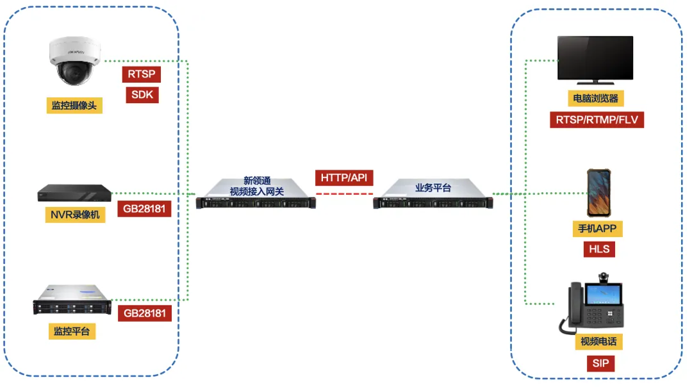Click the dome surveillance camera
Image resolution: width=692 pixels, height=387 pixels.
pyautogui.click(x=74, y=60)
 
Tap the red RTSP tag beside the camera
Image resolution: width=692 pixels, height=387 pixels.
pyautogui.click(x=141, y=74)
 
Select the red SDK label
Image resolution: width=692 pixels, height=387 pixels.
pyautogui.click(x=142, y=95)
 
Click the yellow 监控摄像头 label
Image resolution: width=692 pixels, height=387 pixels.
pyautogui.click(x=74, y=106)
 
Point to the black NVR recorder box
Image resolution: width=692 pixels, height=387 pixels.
pyautogui.click(x=74, y=193)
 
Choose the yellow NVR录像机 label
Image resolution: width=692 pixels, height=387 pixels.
pyautogui.click(x=75, y=215)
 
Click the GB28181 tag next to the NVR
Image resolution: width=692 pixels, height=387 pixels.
pyautogui.click(x=144, y=209)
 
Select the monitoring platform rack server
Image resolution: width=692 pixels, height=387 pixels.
pyautogui.click(x=72, y=300)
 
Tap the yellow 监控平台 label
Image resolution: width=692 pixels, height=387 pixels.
pyautogui.click(x=72, y=331)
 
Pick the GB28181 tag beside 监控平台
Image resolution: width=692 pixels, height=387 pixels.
pyautogui.click(x=145, y=313)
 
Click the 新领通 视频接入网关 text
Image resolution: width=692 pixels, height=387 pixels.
pyautogui.click(x=257, y=186)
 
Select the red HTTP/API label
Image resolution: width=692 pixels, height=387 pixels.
pyautogui.click(x=344, y=178)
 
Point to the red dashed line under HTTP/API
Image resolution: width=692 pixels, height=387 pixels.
pyautogui.click(x=344, y=193)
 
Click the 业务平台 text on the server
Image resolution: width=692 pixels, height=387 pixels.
pyautogui.click(x=433, y=188)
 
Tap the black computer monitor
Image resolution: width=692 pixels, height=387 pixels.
pyautogui.click(x=595, y=60)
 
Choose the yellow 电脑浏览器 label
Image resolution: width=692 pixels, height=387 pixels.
pyautogui.click(x=596, y=99)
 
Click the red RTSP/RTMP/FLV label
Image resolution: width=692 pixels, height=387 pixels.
pyautogui.click(x=597, y=120)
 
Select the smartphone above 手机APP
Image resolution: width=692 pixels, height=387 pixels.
pyautogui.click(x=598, y=193)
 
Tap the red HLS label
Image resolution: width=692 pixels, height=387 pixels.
pyautogui.click(x=599, y=249)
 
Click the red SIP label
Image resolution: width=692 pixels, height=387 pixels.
pyautogui.click(x=600, y=363)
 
